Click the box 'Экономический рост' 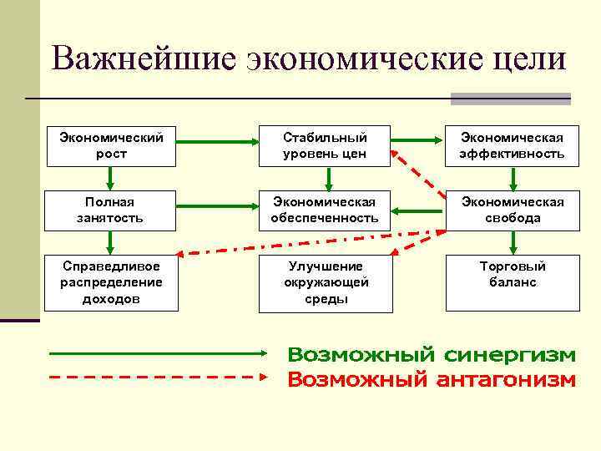coord(111,145)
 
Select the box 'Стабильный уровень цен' coord(325,145)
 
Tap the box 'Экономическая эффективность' coord(513,145)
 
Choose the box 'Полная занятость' coord(111,210)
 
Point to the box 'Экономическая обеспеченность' coord(325,210)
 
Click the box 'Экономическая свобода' coord(513,210)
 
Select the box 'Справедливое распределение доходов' coord(111,282)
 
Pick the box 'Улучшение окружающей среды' coord(325,282)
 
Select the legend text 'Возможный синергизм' coord(432,355)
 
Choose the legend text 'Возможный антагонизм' coord(432,380)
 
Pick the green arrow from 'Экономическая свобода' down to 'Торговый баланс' coord(513,241)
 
